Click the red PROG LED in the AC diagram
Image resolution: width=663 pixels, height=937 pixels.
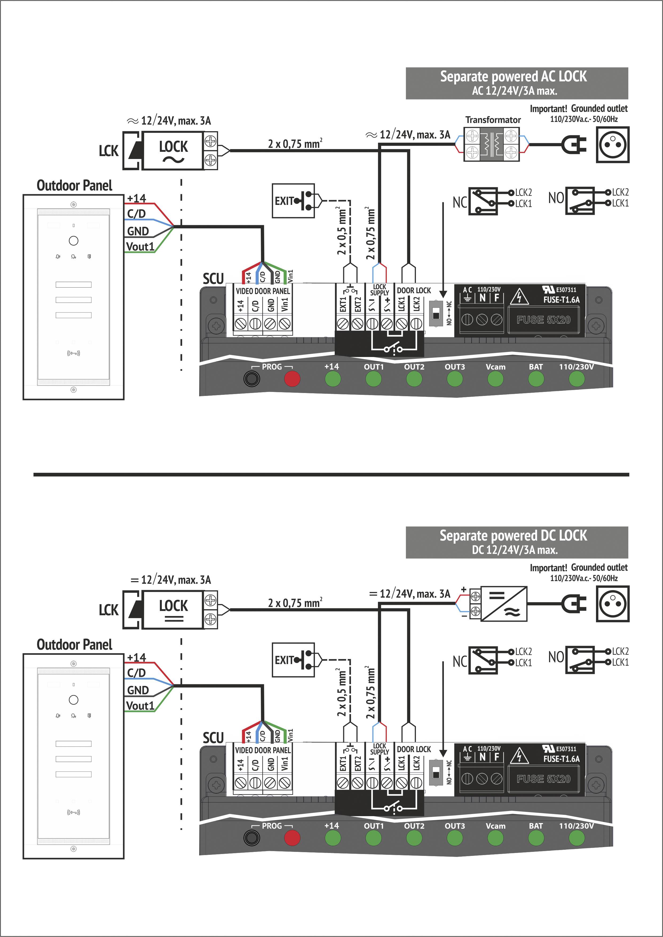tap(292, 379)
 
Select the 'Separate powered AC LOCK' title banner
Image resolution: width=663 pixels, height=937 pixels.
tap(516, 83)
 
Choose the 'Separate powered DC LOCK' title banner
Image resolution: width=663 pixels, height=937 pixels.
tap(516, 542)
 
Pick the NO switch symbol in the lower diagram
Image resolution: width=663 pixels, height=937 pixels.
tap(580, 660)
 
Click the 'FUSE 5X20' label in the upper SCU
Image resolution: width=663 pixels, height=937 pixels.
tap(543, 320)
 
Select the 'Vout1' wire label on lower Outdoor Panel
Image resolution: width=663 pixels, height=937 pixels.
tap(140, 706)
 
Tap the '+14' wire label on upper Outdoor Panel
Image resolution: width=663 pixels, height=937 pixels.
tap(136, 198)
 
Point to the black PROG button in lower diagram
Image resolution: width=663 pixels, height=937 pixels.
tap(251, 838)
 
